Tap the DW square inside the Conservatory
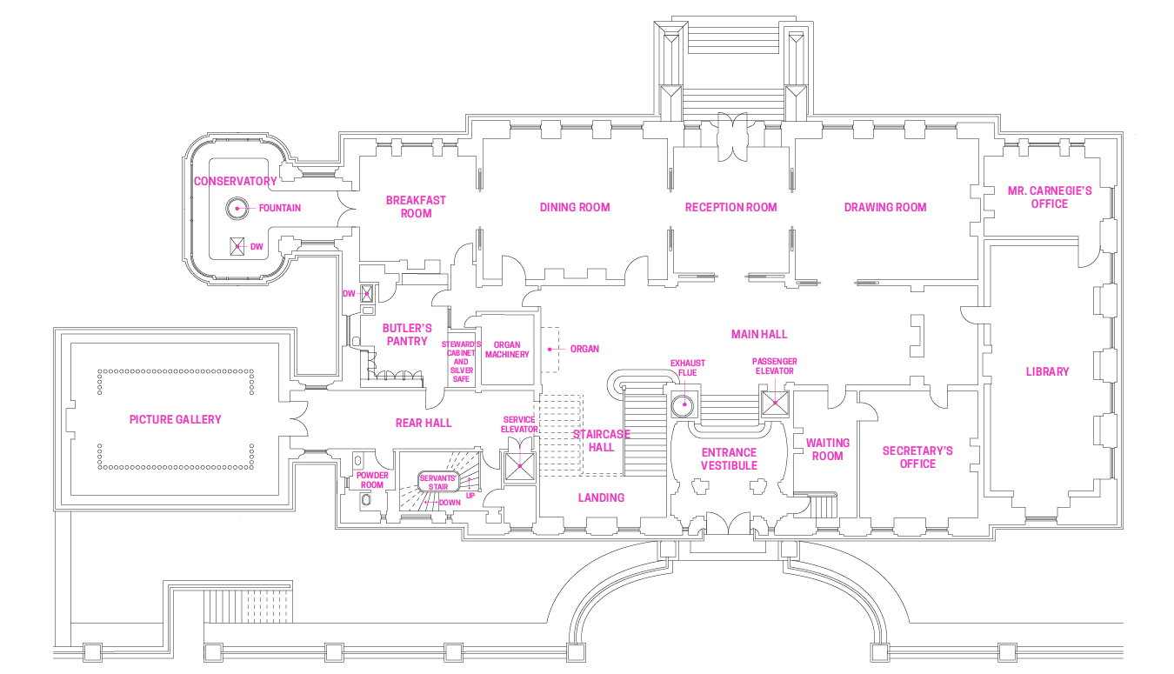click(x=237, y=246)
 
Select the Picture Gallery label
click(x=175, y=419)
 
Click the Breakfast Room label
click(x=416, y=206)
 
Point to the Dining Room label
click(x=575, y=207)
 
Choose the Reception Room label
click(x=730, y=207)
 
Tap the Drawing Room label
click(x=885, y=207)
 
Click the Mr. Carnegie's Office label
click(x=1049, y=197)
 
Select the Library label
click(x=1047, y=371)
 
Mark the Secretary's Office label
click(x=917, y=457)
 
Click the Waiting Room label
click(x=827, y=449)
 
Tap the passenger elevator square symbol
click(x=774, y=403)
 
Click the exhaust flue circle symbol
click(x=684, y=404)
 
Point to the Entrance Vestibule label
click(x=729, y=458)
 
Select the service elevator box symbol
click(x=520, y=465)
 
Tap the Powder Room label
click(x=372, y=480)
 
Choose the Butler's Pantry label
click(x=407, y=334)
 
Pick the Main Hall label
click(x=759, y=334)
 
